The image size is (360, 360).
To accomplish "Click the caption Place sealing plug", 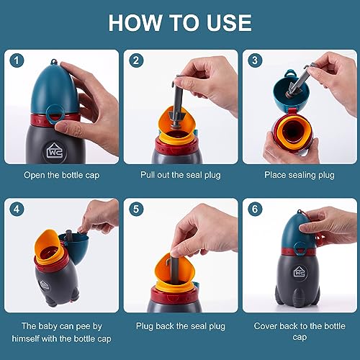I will (x=299, y=174).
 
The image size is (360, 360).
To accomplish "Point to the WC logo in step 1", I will (x=55, y=151).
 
